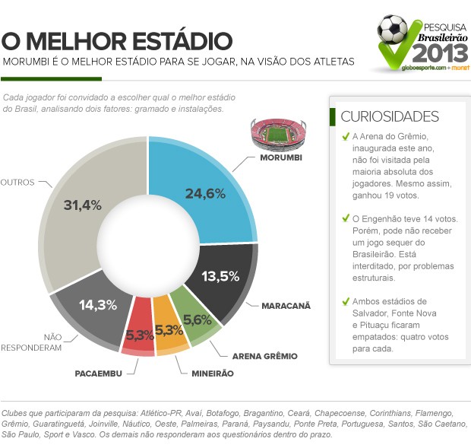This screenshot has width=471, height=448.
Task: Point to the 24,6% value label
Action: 206,193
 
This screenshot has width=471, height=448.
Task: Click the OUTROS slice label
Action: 17,183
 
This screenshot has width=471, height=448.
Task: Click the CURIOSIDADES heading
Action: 390,116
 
